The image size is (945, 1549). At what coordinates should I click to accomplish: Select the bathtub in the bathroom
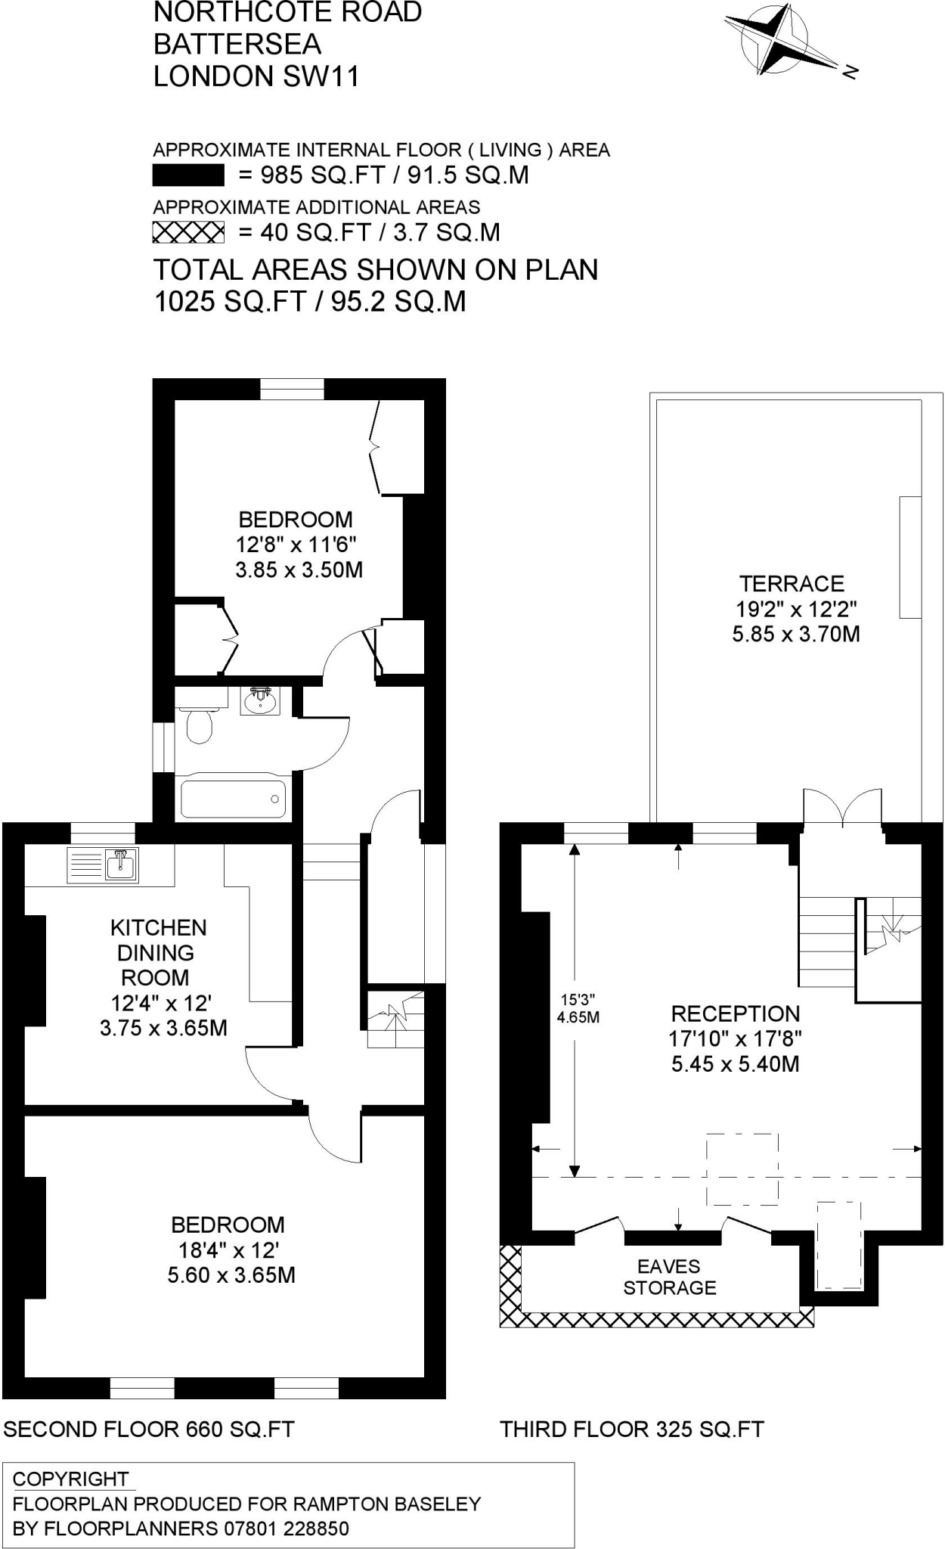(233, 796)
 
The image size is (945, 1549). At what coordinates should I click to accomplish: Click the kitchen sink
(122, 865)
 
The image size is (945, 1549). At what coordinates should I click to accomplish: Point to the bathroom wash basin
(261, 701)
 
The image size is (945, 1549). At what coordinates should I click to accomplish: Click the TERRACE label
(792, 584)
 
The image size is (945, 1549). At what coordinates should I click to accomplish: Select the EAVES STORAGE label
(669, 1277)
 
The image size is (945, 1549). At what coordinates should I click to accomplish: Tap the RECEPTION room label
(735, 1014)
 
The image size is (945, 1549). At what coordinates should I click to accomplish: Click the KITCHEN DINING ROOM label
(158, 952)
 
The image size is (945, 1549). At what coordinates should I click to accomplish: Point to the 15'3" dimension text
(578, 999)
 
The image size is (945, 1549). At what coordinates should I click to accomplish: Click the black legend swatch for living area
(188, 175)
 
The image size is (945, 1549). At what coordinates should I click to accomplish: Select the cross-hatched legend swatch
(188, 232)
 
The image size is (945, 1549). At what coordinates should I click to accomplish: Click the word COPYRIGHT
(71, 1479)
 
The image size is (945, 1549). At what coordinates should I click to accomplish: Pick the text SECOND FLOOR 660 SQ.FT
(149, 1429)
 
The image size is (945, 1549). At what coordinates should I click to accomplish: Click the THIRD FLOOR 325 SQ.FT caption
(632, 1429)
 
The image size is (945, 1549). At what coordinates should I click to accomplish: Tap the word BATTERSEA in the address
(237, 45)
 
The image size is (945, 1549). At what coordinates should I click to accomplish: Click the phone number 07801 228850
(287, 1529)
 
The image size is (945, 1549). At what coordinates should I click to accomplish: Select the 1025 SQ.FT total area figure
(229, 302)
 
